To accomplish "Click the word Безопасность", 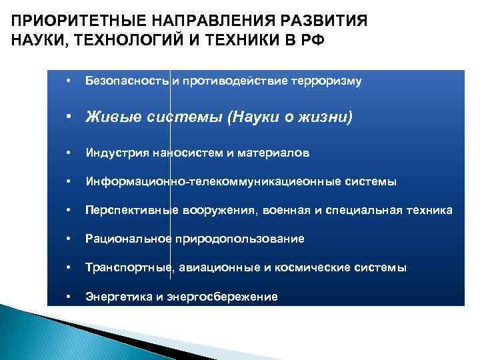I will (127, 81).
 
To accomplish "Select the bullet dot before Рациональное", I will (68, 239).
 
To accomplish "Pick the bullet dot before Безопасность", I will (68, 81).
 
